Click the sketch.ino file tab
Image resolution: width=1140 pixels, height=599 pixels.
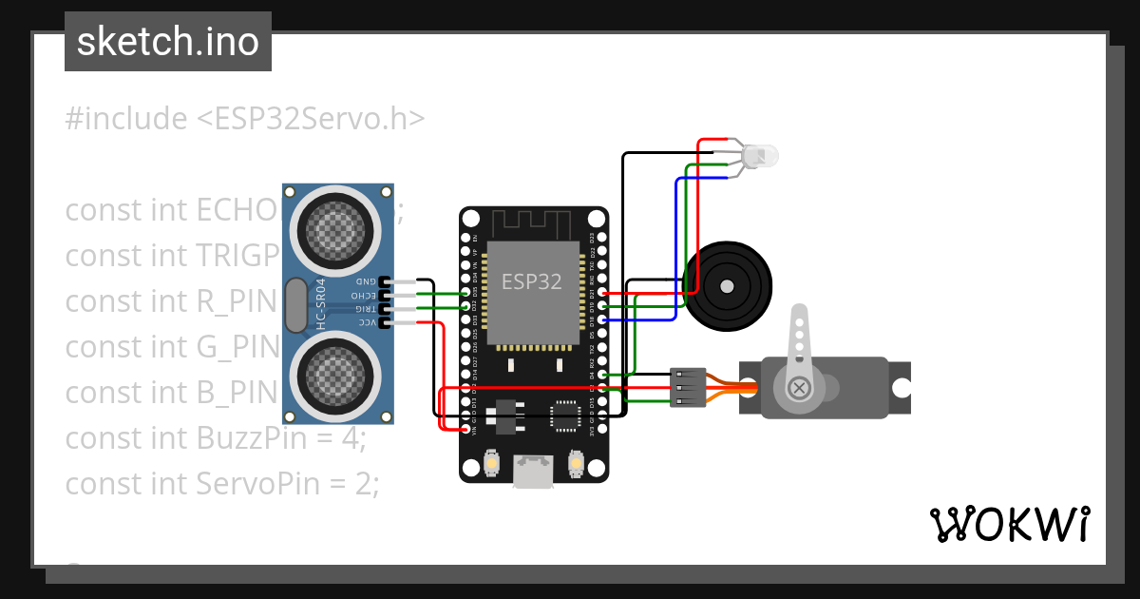point(168,42)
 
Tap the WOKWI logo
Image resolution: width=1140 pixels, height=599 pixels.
point(1009,524)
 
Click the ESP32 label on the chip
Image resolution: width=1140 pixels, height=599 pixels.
point(531,281)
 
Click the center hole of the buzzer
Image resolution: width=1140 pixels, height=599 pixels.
point(727,285)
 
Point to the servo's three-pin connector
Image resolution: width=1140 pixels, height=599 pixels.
point(685,387)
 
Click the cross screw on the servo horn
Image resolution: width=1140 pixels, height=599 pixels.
point(800,387)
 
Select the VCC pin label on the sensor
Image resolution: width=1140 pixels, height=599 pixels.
point(365,323)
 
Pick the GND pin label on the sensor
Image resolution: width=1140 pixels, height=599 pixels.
point(365,282)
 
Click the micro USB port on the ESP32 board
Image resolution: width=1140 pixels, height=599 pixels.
point(533,471)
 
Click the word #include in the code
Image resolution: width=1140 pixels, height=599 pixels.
point(126,119)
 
